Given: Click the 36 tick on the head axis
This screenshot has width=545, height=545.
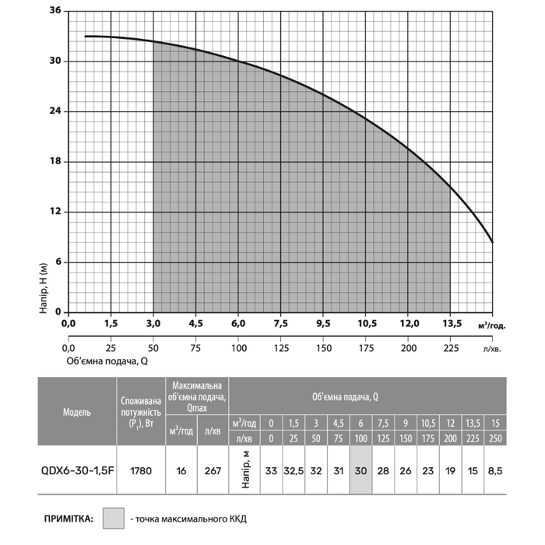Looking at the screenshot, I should [x=55, y=12].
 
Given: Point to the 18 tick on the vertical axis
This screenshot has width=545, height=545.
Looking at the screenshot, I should [x=55, y=162].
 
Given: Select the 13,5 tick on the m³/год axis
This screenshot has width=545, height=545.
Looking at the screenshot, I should [x=452, y=323].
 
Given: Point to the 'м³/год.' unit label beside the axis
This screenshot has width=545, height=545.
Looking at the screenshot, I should [x=490, y=324].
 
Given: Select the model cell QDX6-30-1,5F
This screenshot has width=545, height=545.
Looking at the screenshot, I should [x=76, y=470].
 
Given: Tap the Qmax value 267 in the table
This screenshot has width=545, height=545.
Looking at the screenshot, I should [x=213, y=470].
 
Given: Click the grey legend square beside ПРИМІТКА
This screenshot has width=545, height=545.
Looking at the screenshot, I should [x=114, y=518].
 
